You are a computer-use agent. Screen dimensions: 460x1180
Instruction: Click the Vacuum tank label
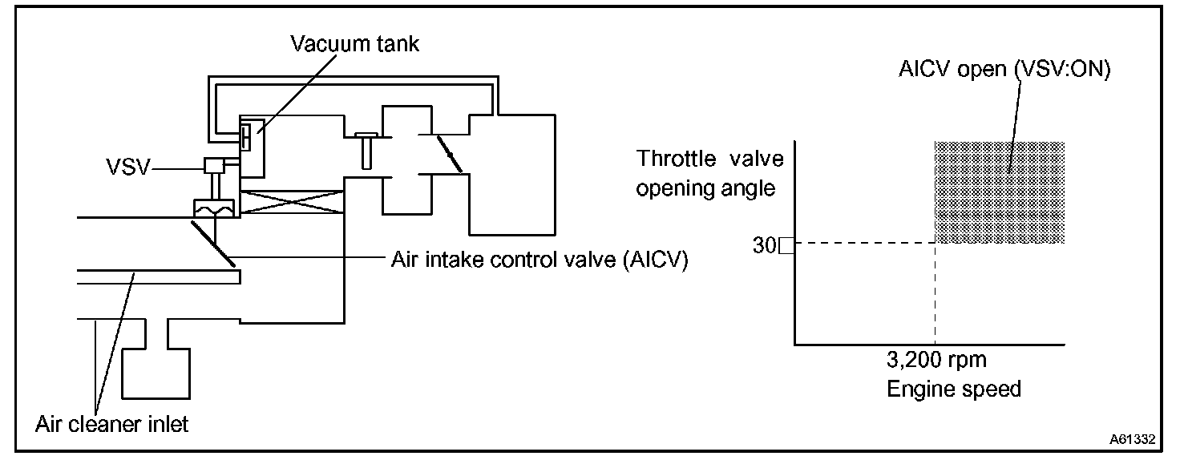[354, 44]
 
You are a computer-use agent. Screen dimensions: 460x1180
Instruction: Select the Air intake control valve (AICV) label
[539, 260]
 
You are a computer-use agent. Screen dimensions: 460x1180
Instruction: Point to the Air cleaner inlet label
[111, 423]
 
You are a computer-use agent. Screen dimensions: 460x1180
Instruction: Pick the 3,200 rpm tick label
[936, 359]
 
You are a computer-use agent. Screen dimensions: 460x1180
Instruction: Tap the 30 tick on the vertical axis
[763, 246]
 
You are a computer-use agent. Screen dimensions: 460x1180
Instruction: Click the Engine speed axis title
[954, 389]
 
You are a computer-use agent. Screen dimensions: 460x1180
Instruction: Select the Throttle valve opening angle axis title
[709, 174]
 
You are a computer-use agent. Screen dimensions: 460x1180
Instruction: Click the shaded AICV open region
[1000, 192]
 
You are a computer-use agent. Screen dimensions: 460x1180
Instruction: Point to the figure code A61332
[1132, 439]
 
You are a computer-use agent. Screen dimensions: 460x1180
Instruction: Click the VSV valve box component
[214, 167]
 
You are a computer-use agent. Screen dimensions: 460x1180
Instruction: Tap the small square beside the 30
[786, 246]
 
